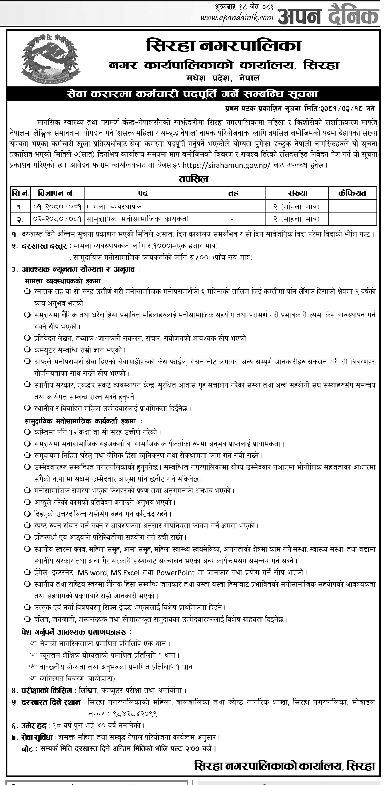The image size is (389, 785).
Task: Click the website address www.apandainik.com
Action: coord(237,18)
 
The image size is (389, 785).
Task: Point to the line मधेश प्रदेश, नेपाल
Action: coord(223,78)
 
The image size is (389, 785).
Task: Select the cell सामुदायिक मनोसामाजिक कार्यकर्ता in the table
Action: coord(137,219)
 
